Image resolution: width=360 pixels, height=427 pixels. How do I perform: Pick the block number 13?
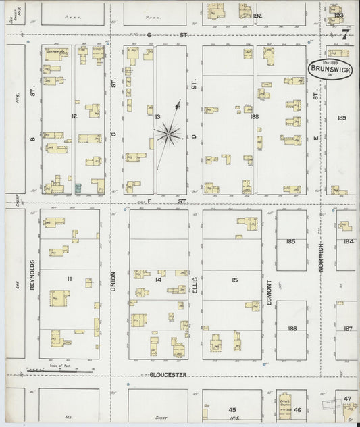(x=157, y=117)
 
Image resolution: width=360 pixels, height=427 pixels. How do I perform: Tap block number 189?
(x=342, y=118)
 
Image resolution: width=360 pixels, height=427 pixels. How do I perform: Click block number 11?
(x=70, y=278)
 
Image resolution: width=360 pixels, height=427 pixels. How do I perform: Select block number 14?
(x=158, y=278)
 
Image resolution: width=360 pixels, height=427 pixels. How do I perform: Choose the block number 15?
(x=234, y=279)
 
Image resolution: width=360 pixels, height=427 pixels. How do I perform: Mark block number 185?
(x=291, y=241)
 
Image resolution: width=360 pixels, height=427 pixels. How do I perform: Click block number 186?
(x=292, y=328)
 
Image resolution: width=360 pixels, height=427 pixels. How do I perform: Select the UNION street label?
(x=113, y=285)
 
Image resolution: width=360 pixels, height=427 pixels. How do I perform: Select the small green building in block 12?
(x=78, y=186)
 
